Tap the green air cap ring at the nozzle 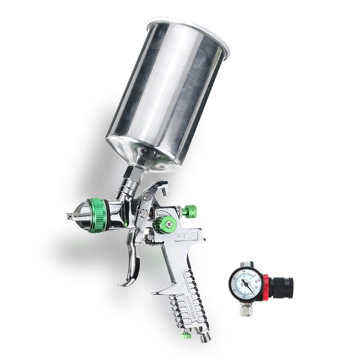pos(98,216)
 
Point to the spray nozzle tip pos(71,216)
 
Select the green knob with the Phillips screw pos(166,224)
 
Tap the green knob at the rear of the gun pos(189,211)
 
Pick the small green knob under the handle pos(185,335)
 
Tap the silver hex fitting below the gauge pos(246,309)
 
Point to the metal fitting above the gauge pos(246,265)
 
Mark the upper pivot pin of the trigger pos(148,197)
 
